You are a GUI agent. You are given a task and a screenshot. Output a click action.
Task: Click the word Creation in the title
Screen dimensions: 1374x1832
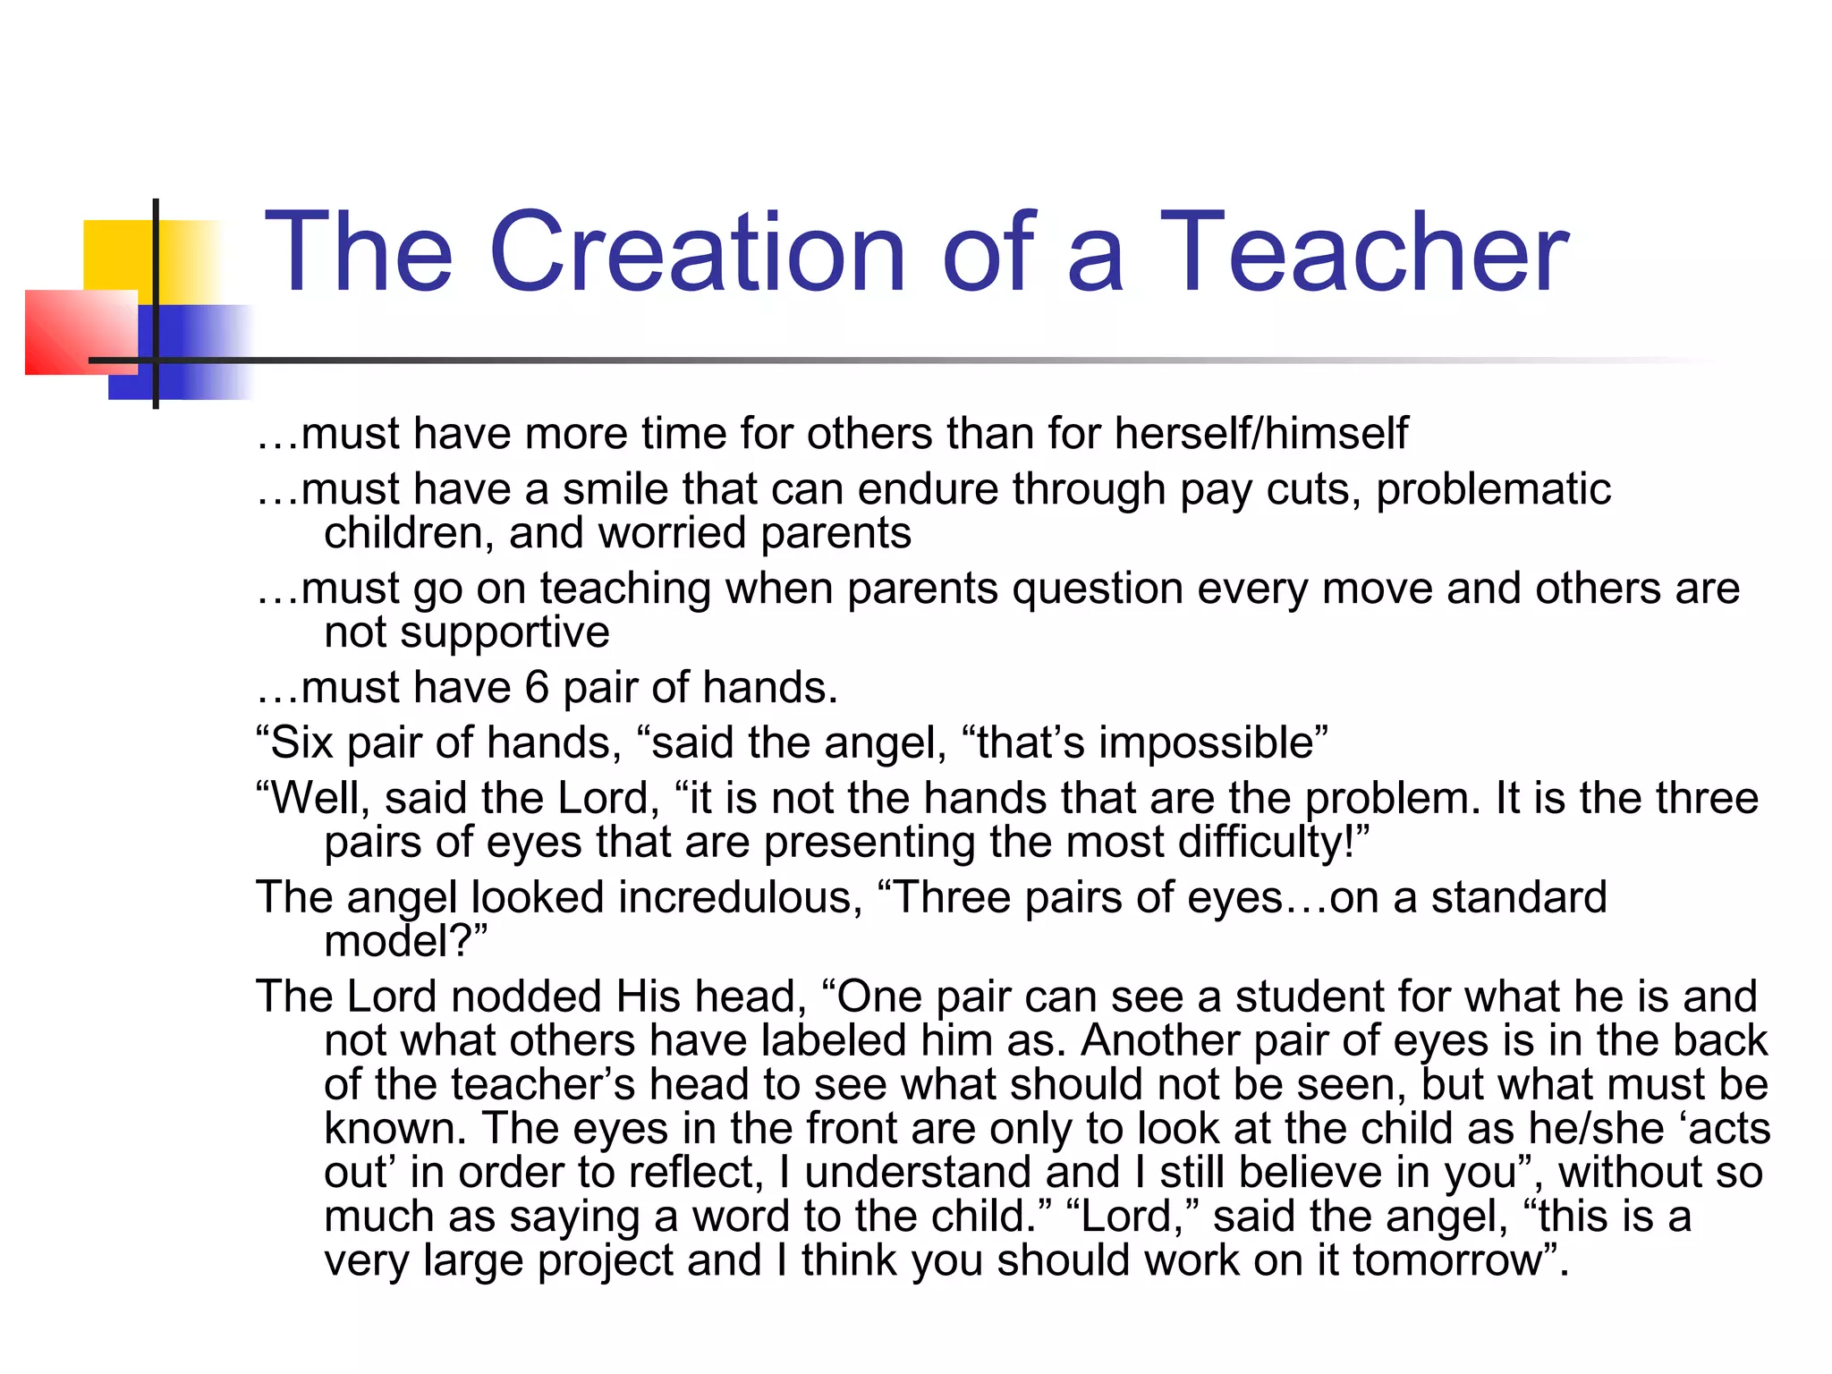click(x=697, y=252)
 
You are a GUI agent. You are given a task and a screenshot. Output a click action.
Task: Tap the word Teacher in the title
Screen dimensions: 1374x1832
click(x=1363, y=252)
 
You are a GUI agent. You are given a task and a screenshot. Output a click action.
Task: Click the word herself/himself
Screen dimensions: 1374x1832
click(x=1261, y=435)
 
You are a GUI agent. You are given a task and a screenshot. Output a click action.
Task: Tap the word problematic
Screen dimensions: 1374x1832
click(x=1493, y=490)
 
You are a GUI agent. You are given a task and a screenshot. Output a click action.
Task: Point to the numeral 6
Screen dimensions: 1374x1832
click(x=537, y=688)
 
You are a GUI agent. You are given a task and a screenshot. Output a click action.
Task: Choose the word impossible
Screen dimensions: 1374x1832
click(x=1207, y=743)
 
